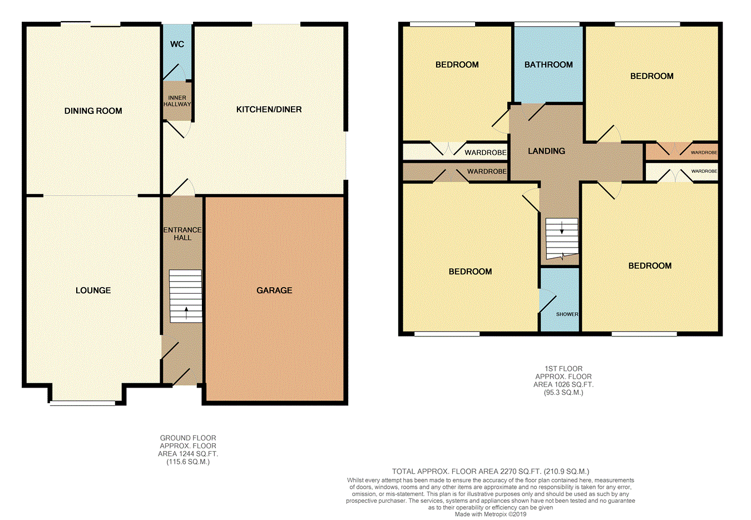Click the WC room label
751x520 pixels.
[177, 44]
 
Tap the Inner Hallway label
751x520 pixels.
[177, 101]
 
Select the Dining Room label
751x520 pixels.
[93, 111]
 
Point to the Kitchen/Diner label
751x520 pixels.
[269, 110]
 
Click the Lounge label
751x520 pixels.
[93, 290]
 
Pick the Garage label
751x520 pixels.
[274, 290]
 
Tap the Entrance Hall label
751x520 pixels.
[182, 234]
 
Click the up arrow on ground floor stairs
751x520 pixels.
[186, 313]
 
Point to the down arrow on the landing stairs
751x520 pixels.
[561, 228]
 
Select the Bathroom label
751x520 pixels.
[549, 65]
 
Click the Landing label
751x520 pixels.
[546, 151]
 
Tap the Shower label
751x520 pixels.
[567, 314]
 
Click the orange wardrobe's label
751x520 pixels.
[704, 152]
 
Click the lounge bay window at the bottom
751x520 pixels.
[82, 403]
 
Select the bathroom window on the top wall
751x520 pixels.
[547, 24]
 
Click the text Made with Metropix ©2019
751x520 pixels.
[491, 514]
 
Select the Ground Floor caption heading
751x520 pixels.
[188, 438]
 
